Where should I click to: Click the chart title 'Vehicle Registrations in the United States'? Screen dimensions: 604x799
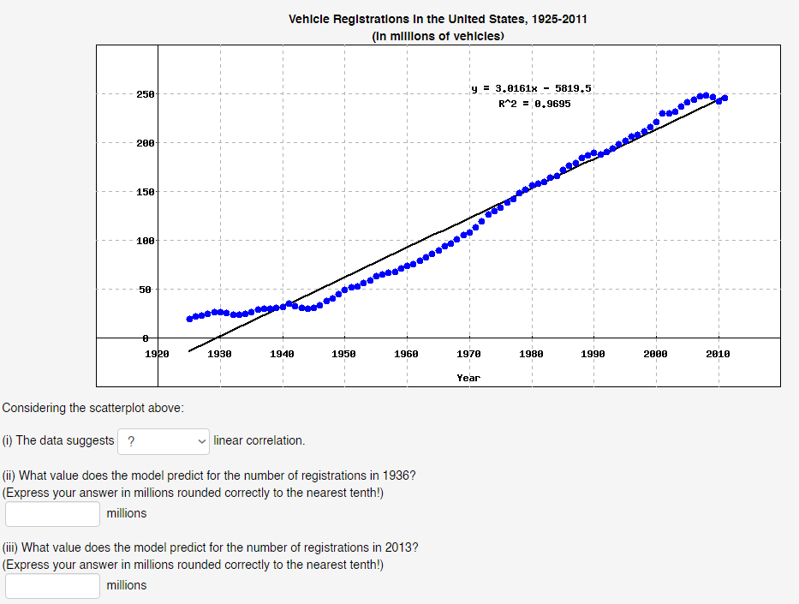pyautogui.click(x=438, y=19)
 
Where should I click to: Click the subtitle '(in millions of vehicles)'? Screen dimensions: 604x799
pyautogui.click(x=438, y=36)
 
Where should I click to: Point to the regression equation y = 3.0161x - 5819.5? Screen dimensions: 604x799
pyautogui.click(x=532, y=87)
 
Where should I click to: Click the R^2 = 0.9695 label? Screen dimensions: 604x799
pyautogui.click(x=534, y=104)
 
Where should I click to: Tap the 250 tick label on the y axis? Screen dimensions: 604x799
pyautogui.click(x=145, y=94)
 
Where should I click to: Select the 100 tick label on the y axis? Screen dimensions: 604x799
pyautogui.click(x=145, y=241)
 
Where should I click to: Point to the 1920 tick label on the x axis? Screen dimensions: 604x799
pyautogui.click(x=158, y=353)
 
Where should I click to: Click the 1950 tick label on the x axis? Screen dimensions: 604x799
pyautogui.click(x=343, y=353)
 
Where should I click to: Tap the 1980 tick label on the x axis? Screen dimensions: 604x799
pyautogui.click(x=531, y=353)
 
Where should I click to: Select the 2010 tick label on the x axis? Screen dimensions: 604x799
pyautogui.click(x=718, y=353)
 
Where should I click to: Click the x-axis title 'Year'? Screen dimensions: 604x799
pyautogui.click(x=468, y=378)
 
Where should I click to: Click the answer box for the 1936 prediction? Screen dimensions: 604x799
pyautogui.click(x=53, y=514)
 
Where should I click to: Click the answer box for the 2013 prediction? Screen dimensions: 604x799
pyautogui.click(x=53, y=586)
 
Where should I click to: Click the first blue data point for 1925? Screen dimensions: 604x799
pyautogui.click(x=189, y=319)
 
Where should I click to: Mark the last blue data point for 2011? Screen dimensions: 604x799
pyautogui.click(x=724, y=98)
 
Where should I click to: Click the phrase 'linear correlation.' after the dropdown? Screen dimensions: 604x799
pyautogui.click(x=259, y=440)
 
